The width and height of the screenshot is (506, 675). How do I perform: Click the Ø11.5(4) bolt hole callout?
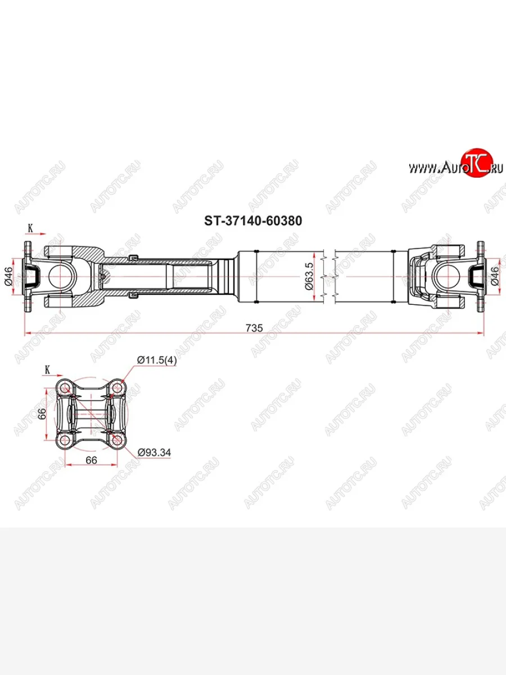156,361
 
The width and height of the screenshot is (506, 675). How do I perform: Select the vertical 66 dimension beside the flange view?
40,413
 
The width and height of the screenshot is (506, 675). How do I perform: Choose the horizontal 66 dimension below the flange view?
92,460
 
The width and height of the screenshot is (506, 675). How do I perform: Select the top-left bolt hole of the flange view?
65,388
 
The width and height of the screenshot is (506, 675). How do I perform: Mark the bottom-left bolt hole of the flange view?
65,439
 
